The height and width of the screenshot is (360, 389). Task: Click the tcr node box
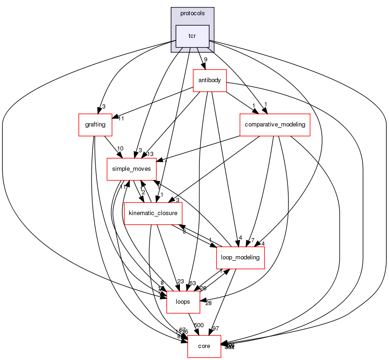point(192,36)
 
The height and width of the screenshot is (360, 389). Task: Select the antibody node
point(209,80)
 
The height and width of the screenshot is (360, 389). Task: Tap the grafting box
point(95,124)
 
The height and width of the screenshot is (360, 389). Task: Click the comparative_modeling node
point(274,124)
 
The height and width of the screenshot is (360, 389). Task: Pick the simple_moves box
point(132,169)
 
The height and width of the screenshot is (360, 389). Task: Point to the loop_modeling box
point(240,257)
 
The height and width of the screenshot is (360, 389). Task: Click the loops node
point(183,301)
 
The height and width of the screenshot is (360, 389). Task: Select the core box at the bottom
point(204,346)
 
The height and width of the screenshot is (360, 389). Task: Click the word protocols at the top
point(192,13)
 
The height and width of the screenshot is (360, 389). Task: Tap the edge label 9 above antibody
point(205,60)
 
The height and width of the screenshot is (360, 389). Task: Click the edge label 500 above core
point(199,325)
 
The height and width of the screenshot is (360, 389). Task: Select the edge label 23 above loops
point(180,282)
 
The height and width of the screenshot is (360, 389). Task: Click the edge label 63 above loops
point(193,283)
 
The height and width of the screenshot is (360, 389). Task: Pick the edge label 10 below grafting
point(120,149)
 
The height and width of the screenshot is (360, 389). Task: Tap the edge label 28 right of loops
point(209,303)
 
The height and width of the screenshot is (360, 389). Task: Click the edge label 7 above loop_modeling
point(252,240)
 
